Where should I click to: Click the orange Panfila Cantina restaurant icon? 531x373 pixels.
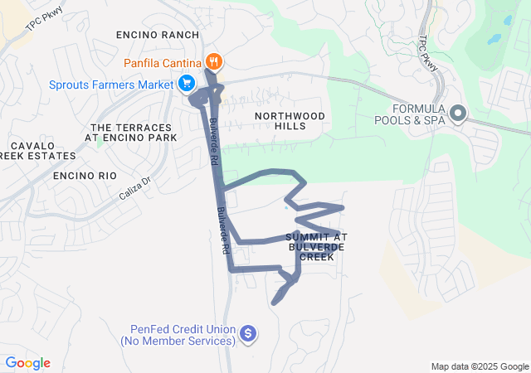(x=213, y=61)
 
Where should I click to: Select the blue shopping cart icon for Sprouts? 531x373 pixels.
(x=187, y=83)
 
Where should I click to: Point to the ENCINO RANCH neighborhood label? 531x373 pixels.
(x=158, y=35)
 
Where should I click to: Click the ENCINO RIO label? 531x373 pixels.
(x=84, y=176)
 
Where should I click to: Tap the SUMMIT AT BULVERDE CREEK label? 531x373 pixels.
(x=310, y=247)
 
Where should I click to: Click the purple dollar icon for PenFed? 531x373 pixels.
(x=246, y=333)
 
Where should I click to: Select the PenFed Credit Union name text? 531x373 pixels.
(x=175, y=329)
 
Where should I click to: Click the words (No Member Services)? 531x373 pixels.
(x=175, y=341)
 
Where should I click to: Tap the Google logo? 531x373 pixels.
(x=27, y=363)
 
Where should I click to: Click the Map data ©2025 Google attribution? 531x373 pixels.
(x=480, y=366)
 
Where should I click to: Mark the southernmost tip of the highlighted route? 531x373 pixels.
(x=274, y=303)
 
